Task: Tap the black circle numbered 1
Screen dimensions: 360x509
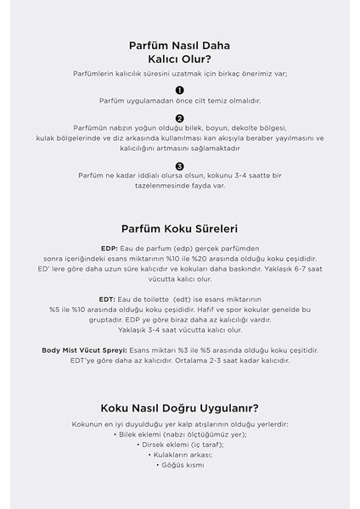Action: tap(179, 89)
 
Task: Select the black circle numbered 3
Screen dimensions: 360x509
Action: tap(179, 166)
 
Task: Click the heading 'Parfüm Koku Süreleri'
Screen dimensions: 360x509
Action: tap(180, 229)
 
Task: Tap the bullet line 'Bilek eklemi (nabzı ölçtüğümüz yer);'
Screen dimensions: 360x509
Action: tap(180, 433)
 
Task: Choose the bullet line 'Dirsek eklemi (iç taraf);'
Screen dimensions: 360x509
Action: tap(180, 444)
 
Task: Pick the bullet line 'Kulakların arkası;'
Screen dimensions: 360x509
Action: tap(180, 454)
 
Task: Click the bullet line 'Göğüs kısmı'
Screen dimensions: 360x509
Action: tap(180, 464)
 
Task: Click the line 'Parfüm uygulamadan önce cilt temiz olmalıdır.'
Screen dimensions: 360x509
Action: tap(179, 101)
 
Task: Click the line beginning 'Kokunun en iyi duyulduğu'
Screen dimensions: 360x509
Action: tap(180, 423)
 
